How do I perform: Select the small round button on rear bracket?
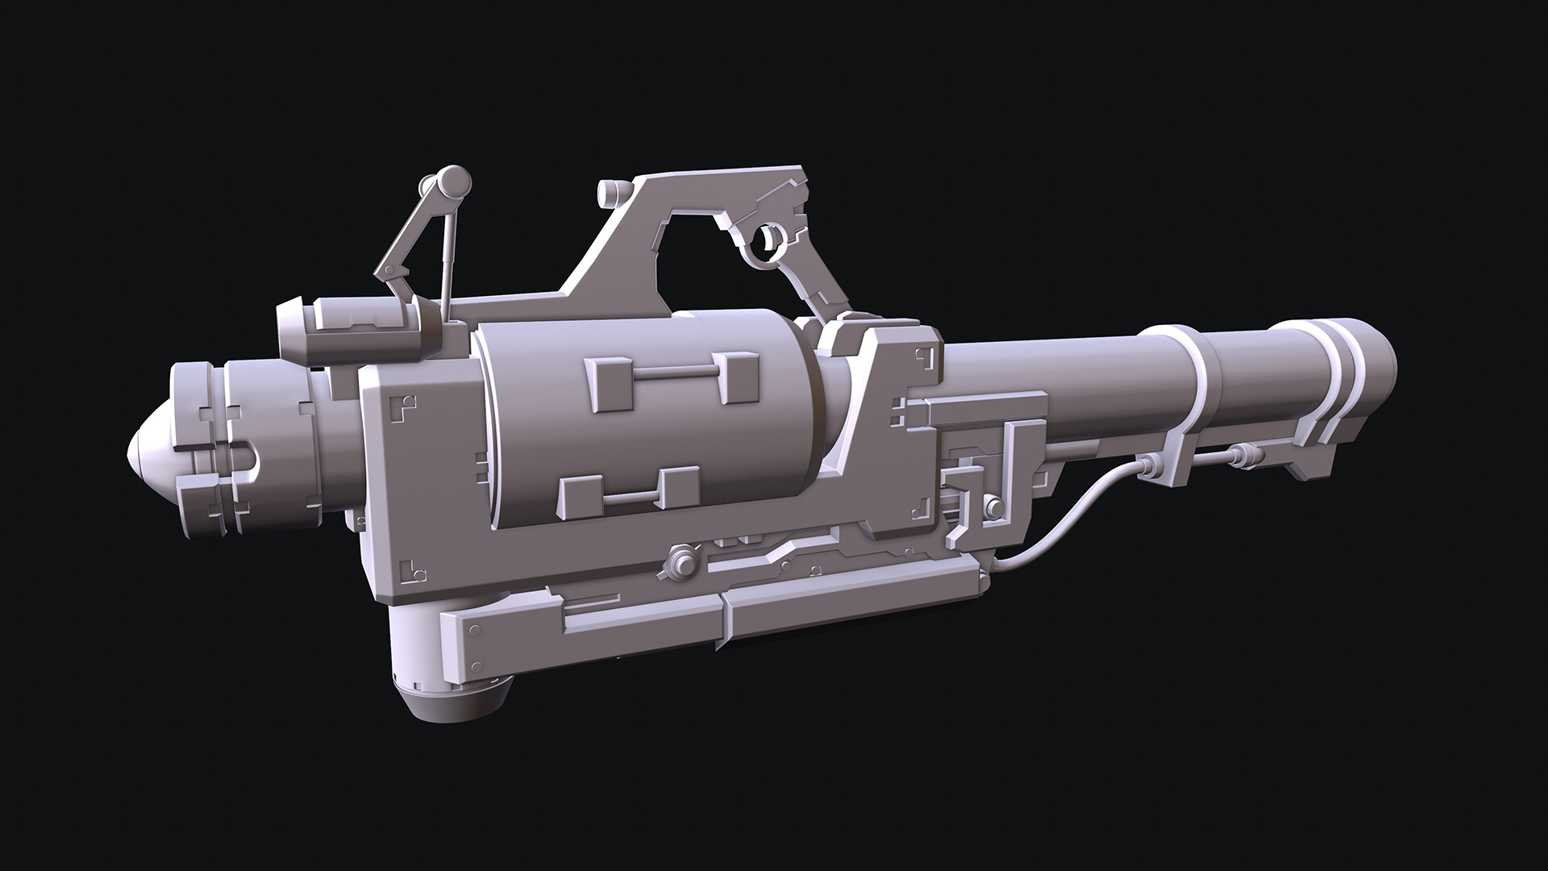[x=994, y=508]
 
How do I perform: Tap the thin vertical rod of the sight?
[x=445, y=258]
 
